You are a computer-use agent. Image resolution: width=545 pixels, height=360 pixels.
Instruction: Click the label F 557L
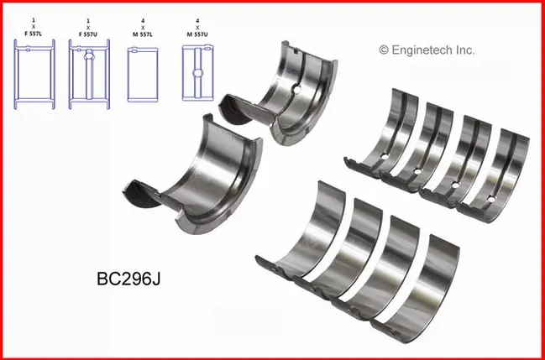coord(34,34)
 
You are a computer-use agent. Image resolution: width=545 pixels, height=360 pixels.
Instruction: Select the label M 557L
coord(143,34)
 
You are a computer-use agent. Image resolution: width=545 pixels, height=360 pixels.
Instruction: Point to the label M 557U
coord(197,34)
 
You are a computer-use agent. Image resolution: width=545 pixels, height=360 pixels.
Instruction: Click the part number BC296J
coord(128,279)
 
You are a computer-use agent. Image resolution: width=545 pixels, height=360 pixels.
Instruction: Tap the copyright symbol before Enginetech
coord(384,50)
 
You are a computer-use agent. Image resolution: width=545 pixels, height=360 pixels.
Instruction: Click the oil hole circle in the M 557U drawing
coord(198,73)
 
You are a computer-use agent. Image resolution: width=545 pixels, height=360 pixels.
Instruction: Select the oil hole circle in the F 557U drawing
coord(89,55)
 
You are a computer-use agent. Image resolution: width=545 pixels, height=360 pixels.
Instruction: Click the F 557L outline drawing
coord(34,74)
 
